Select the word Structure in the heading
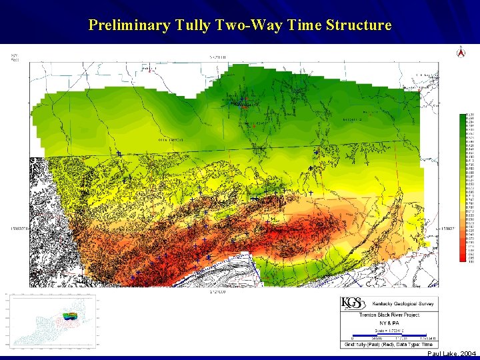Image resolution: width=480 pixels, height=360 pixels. [x=359, y=25]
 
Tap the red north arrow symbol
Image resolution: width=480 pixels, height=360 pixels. [x=459, y=52]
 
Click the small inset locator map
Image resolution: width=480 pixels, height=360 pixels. [x=52, y=321]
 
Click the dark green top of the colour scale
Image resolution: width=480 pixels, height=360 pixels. [x=463, y=117]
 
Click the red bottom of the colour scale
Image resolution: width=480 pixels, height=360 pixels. [x=463, y=259]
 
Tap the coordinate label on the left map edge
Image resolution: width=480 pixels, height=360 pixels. [x=18, y=227]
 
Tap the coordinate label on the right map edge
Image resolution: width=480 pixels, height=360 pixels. [x=449, y=227]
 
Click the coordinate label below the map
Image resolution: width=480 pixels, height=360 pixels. [x=217, y=290]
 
